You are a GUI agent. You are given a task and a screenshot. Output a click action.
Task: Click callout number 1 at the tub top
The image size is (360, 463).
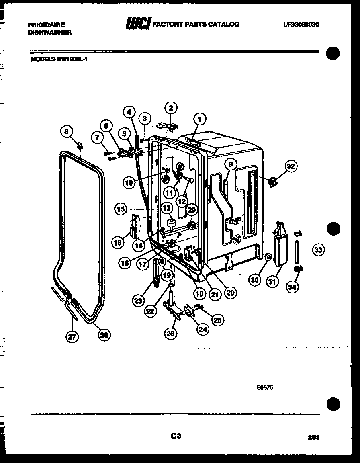point(199,119)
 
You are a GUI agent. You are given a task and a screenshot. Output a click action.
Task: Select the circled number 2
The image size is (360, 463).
point(171,108)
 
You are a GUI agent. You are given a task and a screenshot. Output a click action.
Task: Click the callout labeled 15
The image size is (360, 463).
point(120,209)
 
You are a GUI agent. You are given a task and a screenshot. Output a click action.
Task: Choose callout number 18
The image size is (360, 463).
point(117,242)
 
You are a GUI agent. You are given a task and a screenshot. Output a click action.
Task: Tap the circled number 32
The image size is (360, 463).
point(291,166)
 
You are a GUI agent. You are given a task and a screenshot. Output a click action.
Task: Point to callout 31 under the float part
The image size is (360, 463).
point(272,282)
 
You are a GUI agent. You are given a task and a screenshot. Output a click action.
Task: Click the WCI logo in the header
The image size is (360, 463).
point(137,25)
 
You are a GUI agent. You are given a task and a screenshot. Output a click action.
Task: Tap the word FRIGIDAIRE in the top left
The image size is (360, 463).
point(46,25)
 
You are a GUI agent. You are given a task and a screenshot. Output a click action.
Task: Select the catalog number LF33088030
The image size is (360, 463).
point(301,25)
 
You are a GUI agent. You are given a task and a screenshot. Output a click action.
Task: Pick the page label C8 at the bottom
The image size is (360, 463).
point(176,436)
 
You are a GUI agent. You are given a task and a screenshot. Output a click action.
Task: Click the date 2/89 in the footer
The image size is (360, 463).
point(314,437)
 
